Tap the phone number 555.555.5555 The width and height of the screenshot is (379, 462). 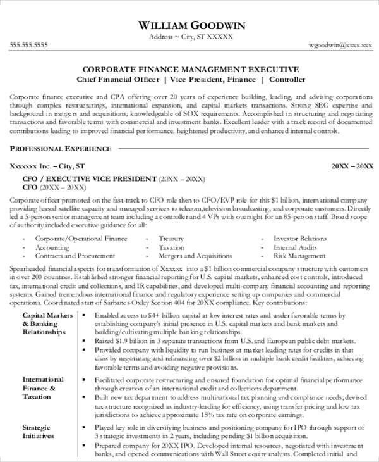(x=29, y=45)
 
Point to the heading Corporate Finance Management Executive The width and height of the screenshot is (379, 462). (x=190, y=70)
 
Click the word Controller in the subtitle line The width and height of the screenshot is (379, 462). (x=287, y=80)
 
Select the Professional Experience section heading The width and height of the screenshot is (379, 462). (x=61, y=149)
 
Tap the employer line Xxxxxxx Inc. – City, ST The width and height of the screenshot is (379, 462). (x=47, y=166)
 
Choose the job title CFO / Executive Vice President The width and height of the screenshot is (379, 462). (x=88, y=179)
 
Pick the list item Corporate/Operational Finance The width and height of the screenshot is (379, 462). (x=81, y=239)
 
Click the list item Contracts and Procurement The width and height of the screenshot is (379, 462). (x=75, y=256)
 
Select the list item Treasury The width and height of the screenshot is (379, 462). (x=171, y=239)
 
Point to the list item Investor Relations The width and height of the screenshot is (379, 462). (x=300, y=239)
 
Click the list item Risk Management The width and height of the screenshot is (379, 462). (x=299, y=256)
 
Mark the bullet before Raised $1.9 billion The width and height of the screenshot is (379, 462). (x=86, y=341)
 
